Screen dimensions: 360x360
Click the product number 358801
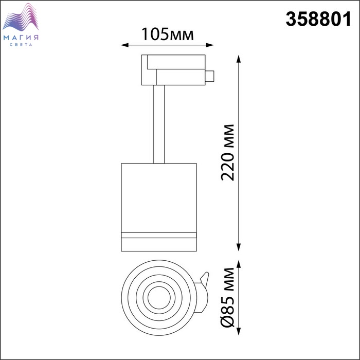[x=318, y=19]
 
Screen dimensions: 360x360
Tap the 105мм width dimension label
[x=167, y=34]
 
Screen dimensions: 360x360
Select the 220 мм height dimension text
[x=227, y=152]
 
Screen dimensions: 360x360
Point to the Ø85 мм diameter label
[x=227, y=297]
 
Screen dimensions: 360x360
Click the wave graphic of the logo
[x=21, y=17]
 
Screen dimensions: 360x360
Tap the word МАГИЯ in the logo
[x=21, y=38]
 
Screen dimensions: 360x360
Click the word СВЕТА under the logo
[x=21, y=45]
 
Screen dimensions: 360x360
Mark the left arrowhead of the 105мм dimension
[x=124, y=45]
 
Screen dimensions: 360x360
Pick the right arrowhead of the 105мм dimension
[x=210, y=45]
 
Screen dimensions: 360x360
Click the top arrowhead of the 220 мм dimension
[x=239, y=59]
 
